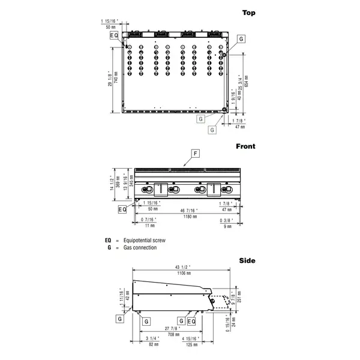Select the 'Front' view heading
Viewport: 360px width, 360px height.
(245, 146)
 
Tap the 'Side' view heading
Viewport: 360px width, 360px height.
(247, 260)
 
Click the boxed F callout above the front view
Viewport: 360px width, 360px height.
(194, 154)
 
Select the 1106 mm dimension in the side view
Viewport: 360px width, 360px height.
(184, 273)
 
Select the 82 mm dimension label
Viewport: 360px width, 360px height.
(153, 345)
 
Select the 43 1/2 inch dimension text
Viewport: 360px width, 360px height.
(184, 267)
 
